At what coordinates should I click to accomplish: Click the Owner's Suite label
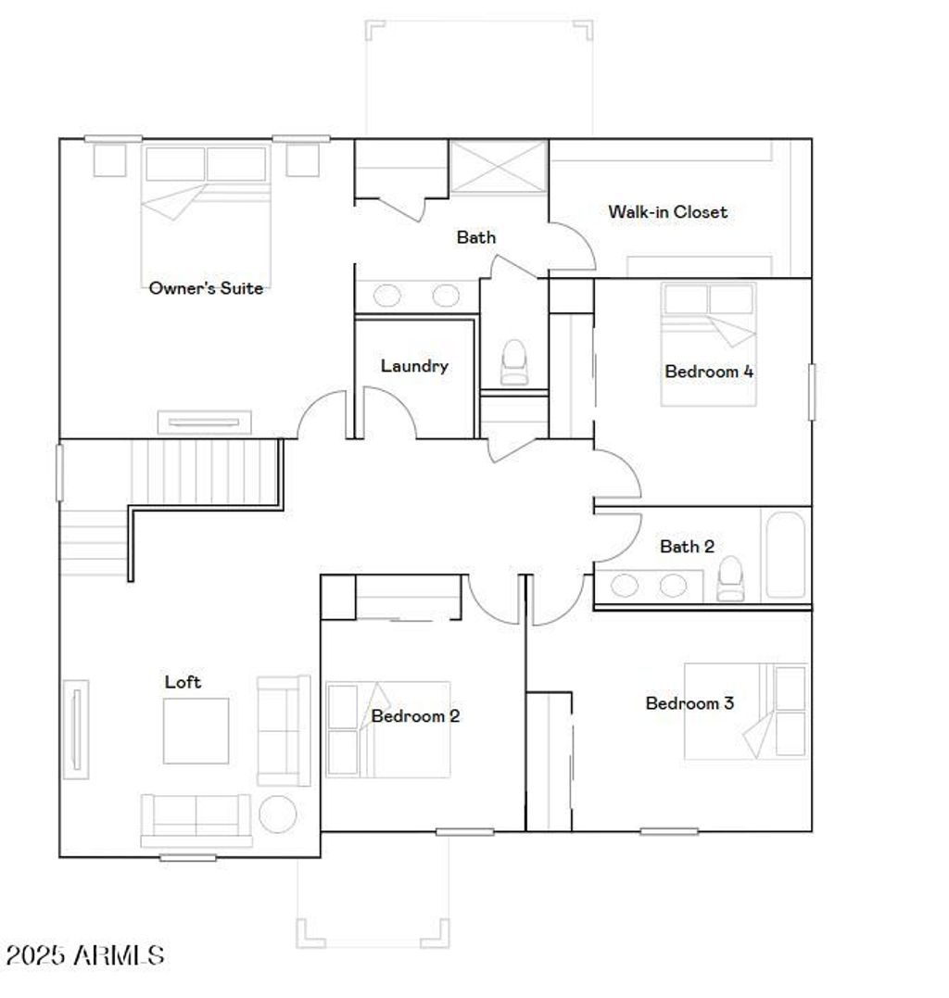click(x=206, y=288)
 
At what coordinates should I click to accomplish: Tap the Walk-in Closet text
click(x=667, y=211)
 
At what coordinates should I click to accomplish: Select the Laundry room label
click(x=414, y=366)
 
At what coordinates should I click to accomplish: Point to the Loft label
click(x=183, y=682)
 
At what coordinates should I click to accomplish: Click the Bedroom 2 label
click(x=415, y=715)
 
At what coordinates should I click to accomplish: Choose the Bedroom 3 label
click(x=690, y=703)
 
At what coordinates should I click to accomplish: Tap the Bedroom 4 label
click(x=709, y=372)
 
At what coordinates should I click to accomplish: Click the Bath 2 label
click(x=687, y=547)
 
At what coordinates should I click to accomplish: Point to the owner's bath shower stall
click(x=499, y=167)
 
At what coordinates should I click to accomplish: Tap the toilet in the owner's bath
click(x=512, y=362)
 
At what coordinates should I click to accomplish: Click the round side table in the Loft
click(x=277, y=814)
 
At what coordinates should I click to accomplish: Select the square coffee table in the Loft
click(x=196, y=730)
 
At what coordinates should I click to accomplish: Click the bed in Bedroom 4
click(x=709, y=345)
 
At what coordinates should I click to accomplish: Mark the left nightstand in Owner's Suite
click(x=109, y=158)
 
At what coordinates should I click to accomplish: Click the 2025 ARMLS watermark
click(x=85, y=954)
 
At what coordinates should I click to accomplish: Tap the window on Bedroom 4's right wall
click(x=812, y=392)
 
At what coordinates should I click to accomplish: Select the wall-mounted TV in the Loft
click(x=75, y=729)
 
